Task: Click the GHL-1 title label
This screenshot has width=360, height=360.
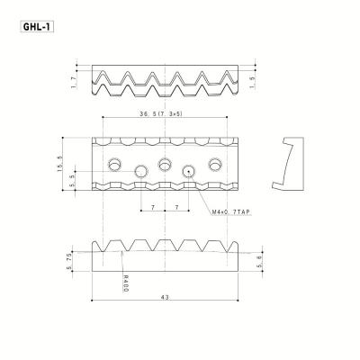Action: pyautogui.click(x=37, y=27)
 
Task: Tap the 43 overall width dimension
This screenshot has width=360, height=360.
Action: pyautogui.click(x=165, y=297)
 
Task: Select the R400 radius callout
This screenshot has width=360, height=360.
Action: pyautogui.click(x=126, y=283)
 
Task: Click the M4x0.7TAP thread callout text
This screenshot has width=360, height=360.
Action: pyautogui.click(x=231, y=212)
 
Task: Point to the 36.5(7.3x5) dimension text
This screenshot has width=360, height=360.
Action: pyautogui.click(x=161, y=114)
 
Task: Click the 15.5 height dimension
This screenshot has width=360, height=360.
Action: pyautogui.click(x=59, y=164)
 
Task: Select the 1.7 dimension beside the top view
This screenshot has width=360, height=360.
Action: pyautogui.click(x=74, y=82)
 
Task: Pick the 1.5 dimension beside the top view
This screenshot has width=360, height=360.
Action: pyautogui.click(x=253, y=82)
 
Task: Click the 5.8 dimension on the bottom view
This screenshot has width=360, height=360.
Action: pyautogui.click(x=260, y=261)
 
